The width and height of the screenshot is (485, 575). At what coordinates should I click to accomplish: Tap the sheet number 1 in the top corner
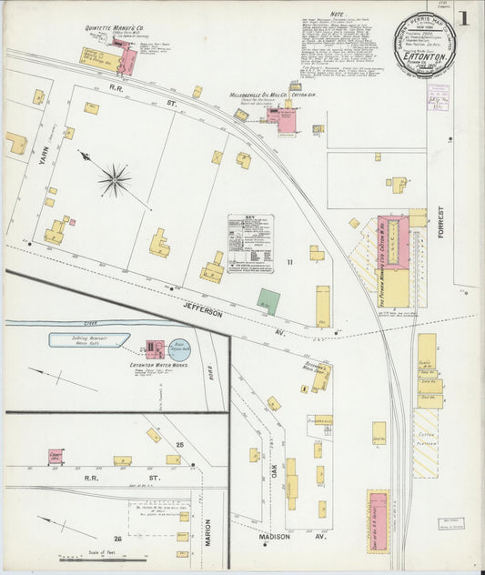[x=464, y=18]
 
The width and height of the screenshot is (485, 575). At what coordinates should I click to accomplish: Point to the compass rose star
[x=115, y=179]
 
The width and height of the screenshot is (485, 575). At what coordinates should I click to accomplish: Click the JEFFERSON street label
[x=201, y=312]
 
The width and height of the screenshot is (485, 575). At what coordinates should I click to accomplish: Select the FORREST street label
[x=443, y=227]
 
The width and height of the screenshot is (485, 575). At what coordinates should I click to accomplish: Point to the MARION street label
[x=208, y=531]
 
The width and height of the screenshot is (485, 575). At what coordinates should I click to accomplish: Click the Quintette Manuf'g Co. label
[x=112, y=28]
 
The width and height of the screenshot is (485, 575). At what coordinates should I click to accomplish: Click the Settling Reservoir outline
[x=88, y=340]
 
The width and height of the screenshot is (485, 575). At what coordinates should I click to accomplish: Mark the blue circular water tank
[x=180, y=347]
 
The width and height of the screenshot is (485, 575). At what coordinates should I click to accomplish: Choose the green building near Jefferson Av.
[x=268, y=301]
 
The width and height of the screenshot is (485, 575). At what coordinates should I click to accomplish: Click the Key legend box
[x=250, y=240]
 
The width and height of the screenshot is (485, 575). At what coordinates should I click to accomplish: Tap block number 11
[x=290, y=263]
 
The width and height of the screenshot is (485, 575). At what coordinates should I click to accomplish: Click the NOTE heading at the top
[x=337, y=15]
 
